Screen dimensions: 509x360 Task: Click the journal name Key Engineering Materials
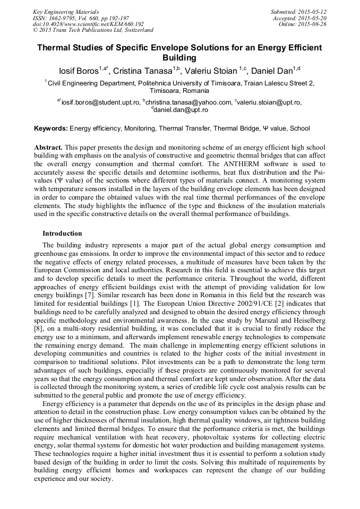[66, 11]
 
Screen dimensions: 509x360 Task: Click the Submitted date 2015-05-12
[312, 11]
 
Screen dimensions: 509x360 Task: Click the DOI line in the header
[88, 24]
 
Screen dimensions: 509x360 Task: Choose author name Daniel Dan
[273, 71]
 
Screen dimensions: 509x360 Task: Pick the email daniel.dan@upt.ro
[181, 110]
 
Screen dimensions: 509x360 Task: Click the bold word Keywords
[50, 128]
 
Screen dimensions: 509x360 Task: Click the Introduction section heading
[62, 234]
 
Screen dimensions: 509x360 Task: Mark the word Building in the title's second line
[179, 57]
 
